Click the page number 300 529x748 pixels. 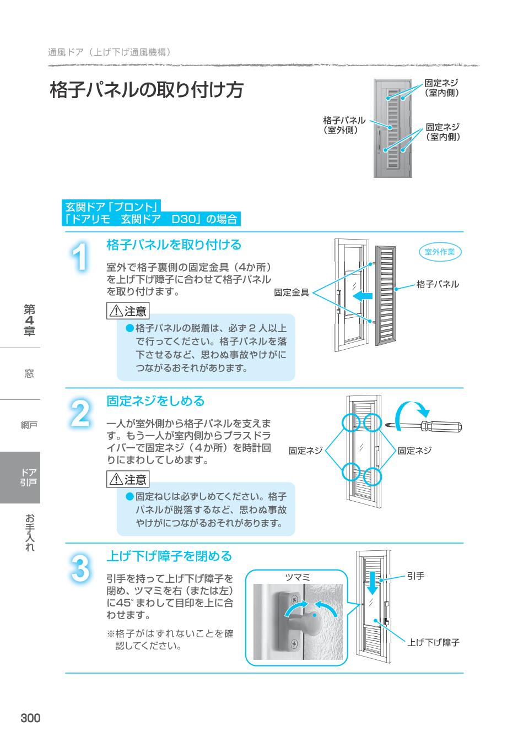[30, 718]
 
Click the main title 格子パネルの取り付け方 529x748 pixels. [147, 90]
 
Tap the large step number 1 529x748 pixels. [80, 257]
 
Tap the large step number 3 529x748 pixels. [80, 569]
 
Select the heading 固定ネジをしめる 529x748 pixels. [155, 401]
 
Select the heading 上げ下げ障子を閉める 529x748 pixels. [169, 556]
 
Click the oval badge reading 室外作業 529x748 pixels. [440, 252]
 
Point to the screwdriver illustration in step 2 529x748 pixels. [424, 426]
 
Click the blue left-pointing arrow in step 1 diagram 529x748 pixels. [361, 296]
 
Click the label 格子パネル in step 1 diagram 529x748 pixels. [438, 285]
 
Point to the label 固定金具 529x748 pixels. [292, 293]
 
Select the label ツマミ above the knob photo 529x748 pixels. [298, 577]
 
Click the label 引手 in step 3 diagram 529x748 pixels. [415, 576]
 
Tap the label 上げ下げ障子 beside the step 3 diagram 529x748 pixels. [434, 642]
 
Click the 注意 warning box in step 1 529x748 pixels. [128, 311]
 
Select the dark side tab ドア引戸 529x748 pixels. [20, 477]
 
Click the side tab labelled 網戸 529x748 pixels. [29, 425]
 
